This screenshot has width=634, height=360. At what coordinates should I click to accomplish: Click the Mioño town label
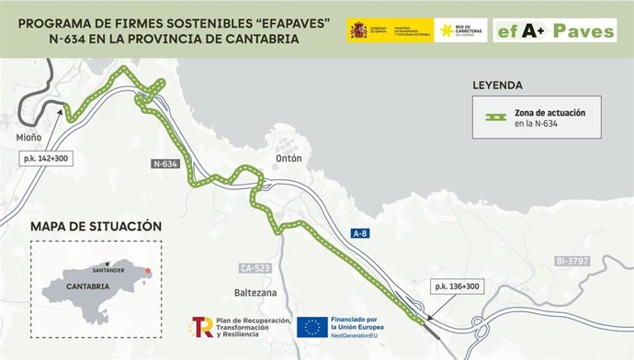(28, 139)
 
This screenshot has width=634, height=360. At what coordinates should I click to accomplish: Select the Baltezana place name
(255, 294)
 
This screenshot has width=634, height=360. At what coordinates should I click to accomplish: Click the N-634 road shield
(165, 163)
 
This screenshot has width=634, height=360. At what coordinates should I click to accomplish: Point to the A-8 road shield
(362, 234)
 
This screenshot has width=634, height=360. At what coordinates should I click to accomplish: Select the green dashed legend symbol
(499, 118)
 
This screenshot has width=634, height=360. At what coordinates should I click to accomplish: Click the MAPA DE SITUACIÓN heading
(96, 226)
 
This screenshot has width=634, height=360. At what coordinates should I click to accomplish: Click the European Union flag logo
(313, 326)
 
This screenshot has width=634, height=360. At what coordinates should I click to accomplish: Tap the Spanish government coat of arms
(357, 31)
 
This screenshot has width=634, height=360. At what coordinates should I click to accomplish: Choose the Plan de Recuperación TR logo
(202, 326)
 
